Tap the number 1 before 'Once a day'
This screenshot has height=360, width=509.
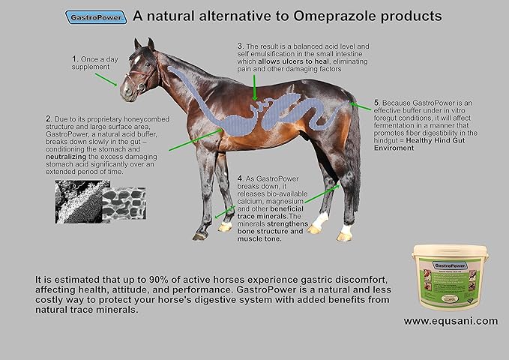74,58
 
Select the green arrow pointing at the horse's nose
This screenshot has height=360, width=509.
105,79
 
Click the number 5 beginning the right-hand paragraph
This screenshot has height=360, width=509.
377,102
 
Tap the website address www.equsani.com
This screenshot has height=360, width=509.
450,321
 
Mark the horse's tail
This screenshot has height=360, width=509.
352,157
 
